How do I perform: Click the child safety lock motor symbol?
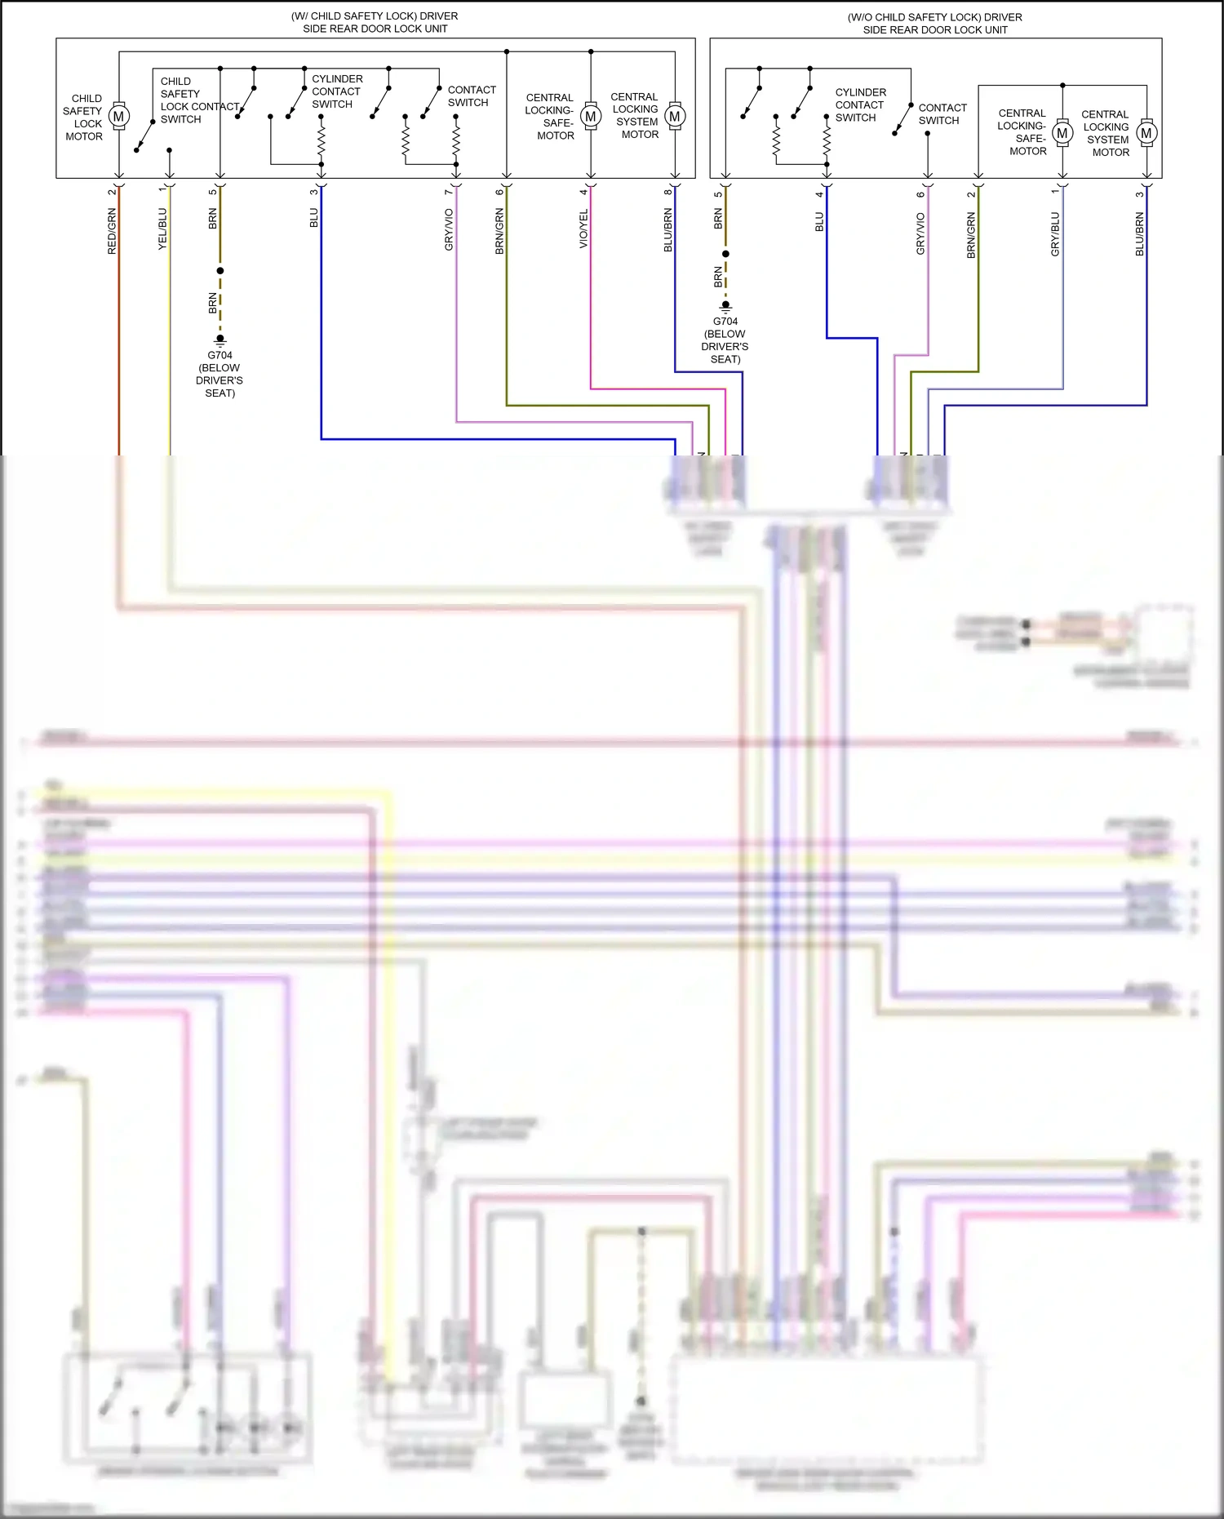pyautogui.click(x=119, y=117)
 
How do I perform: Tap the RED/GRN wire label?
pyautogui.click(x=112, y=232)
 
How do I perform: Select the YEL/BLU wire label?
pyautogui.click(x=162, y=229)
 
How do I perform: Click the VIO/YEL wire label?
pyautogui.click(x=583, y=229)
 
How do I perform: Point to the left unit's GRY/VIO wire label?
pyautogui.click(x=449, y=230)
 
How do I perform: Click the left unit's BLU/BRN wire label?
pyautogui.click(x=667, y=230)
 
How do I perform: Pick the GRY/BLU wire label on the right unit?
pyautogui.click(x=1055, y=234)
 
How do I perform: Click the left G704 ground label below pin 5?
pyautogui.click(x=220, y=374)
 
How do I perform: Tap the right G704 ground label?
pyautogui.click(x=725, y=340)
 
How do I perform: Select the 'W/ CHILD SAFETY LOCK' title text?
pyautogui.click(x=375, y=22)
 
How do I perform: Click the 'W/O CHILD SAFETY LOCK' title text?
pyautogui.click(x=934, y=23)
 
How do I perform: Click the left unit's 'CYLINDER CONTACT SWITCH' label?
pyautogui.click(x=336, y=91)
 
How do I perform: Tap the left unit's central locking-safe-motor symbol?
pyautogui.click(x=591, y=117)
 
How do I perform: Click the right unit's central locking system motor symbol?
pyautogui.click(x=1146, y=133)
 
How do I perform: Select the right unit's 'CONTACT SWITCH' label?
pyautogui.click(x=942, y=114)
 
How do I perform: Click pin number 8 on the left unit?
pyautogui.click(x=667, y=191)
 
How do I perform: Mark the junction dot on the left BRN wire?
pyautogui.click(x=220, y=270)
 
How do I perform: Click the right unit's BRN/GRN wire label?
pyautogui.click(x=971, y=236)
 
